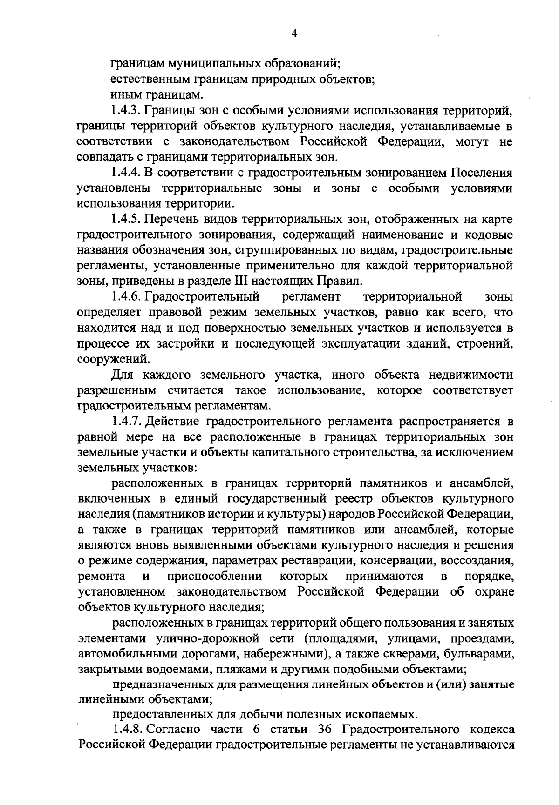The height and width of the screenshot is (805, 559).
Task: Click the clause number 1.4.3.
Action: click(x=126, y=111)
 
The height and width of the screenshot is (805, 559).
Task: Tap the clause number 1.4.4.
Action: click(x=126, y=173)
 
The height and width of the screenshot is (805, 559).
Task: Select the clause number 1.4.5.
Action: click(x=126, y=219)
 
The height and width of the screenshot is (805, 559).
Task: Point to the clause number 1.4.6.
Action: click(x=126, y=296)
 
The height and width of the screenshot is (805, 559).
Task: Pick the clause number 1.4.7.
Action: click(x=126, y=422)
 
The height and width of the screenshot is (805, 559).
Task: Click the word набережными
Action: click(x=284, y=654)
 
